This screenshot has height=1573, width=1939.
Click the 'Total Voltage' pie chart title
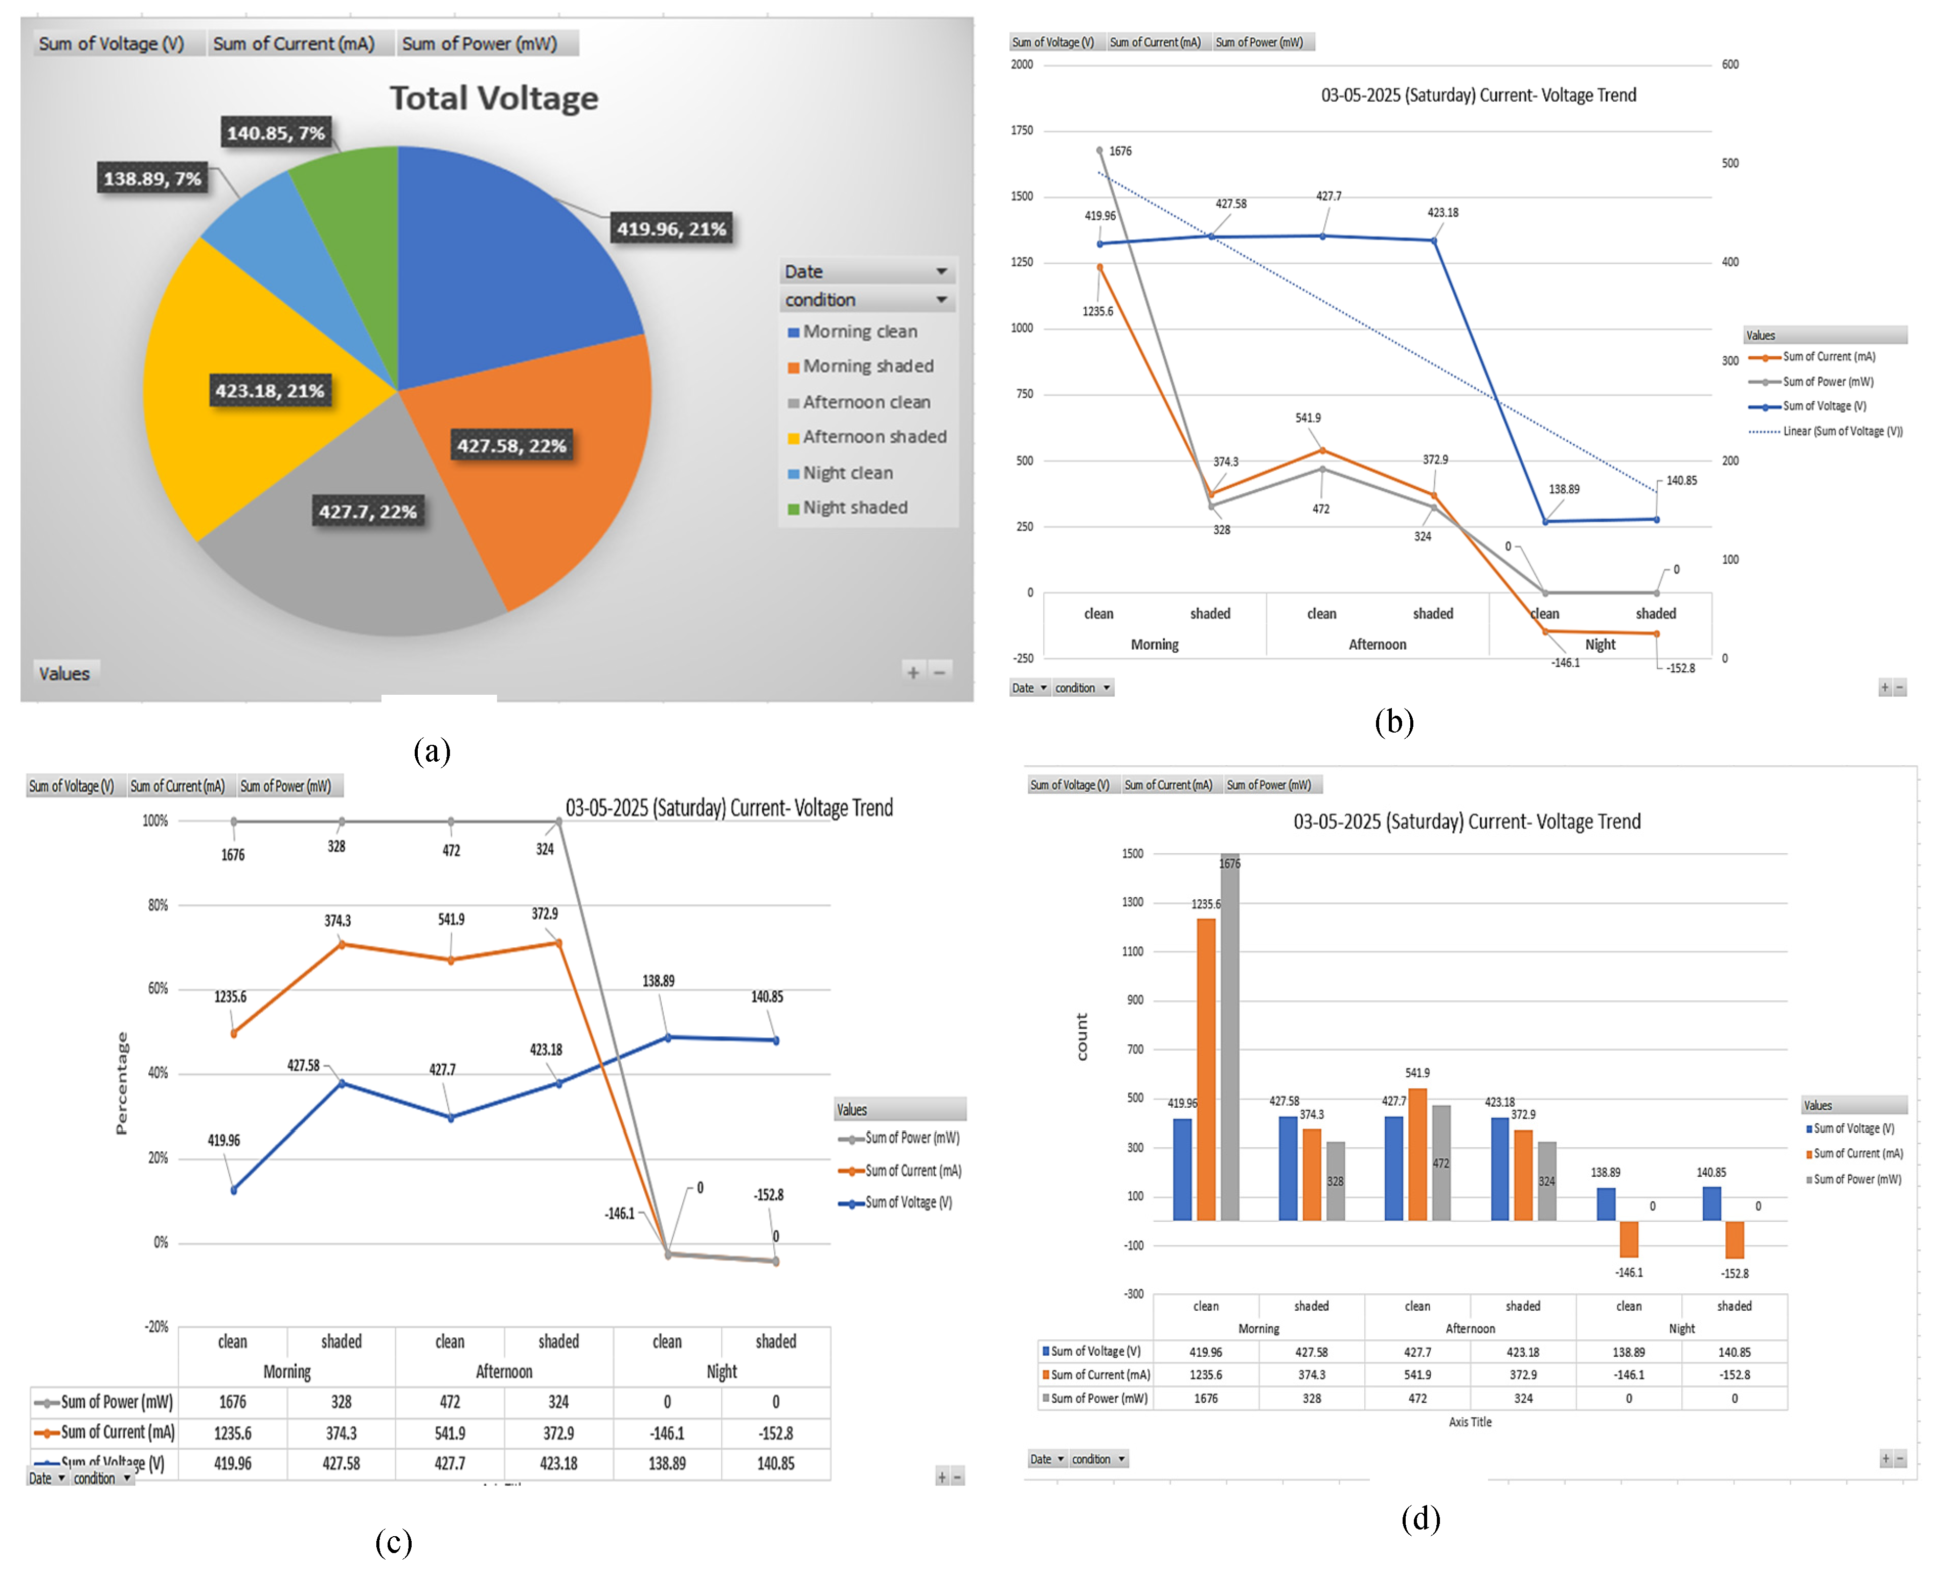[x=494, y=98]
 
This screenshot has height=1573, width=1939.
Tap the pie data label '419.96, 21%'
[x=671, y=229]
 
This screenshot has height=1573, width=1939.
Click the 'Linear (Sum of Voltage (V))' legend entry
[x=1841, y=431]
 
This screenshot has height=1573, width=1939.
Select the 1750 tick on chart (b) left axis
[x=1022, y=130]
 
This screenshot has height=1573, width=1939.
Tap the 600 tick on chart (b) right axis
[x=1730, y=64]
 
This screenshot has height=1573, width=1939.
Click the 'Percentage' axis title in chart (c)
[x=121, y=1083]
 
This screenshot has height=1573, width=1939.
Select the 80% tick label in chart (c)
[x=157, y=905]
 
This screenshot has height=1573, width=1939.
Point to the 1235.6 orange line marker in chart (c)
[x=234, y=1033]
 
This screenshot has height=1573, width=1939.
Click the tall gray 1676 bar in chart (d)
[x=1230, y=1042]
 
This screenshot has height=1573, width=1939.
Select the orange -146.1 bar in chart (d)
[x=1628, y=1239]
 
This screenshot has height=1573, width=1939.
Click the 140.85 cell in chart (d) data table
[x=1734, y=1352]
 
